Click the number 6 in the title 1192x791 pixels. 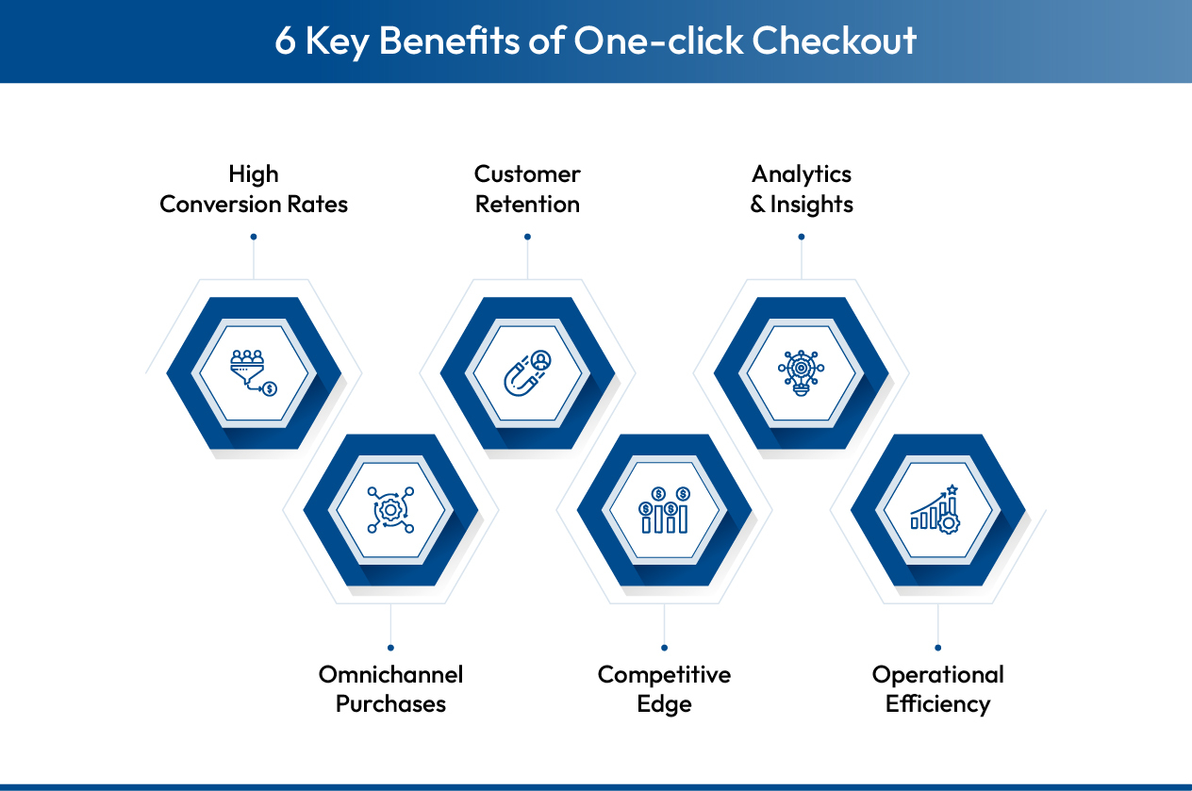pyautogui.click(x=285, y=41)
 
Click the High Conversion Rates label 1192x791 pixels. pyautogui.click(x=254, y=190)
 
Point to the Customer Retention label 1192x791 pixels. pyautogui.click(x=527, y=190)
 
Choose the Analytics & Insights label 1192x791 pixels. pyautogui.click(x=802, y=190)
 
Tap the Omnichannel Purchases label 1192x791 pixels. pyautogui.click(x=390, y=689)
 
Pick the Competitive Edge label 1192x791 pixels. pyautogui.click(x=664, y=689)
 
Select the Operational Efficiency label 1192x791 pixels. pyautogui.click(x=937, y=689)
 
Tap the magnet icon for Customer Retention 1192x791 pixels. pyautogui.click(x=527, y=372)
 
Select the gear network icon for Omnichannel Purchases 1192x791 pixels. pyautogui.click(x=390, y=509)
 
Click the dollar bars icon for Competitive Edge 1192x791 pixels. pyautogui.click(x=664, y=509)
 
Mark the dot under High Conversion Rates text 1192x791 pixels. pyautogui.click(x=254, y=237)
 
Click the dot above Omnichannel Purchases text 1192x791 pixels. pyautogui.click(x=390, y=648)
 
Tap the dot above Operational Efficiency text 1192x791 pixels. pyautogui.click(x=937, y=648)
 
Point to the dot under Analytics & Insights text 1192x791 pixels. pyautogui.click(x=802, y=237)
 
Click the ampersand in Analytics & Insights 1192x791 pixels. pyautogui.click(x=758, y=205)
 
